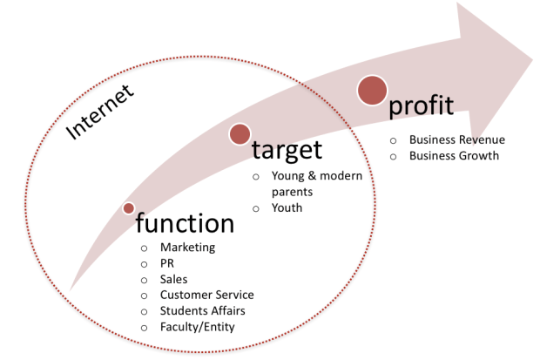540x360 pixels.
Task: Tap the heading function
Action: [x=185, y=224]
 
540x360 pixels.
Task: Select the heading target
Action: [x=287, y=150]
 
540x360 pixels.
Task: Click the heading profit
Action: [x=422, y=105]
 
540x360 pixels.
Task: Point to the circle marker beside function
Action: [x=129, y=208]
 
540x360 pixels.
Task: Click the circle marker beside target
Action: [x=240, y=133]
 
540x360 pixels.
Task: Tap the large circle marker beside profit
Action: [x=372, y=89]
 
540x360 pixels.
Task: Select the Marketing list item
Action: [x=186, y=248]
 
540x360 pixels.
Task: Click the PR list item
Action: [x=168, y=263]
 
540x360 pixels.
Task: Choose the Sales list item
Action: [x=173, y=279]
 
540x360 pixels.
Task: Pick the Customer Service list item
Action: [x=206, y=295]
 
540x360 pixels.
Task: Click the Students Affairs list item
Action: [x=202, y=311]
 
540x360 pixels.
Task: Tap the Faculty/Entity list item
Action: [x=198, y=327]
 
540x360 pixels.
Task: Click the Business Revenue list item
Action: [x=456, y=139]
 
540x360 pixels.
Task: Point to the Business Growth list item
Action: [x=454, y=156]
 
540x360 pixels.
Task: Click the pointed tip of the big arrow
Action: [x=532, y=62]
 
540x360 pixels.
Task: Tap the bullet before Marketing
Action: [x=144, y=248]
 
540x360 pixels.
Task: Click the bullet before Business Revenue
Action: [x=393, y=140]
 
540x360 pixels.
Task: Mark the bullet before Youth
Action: [x=255, y=209]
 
